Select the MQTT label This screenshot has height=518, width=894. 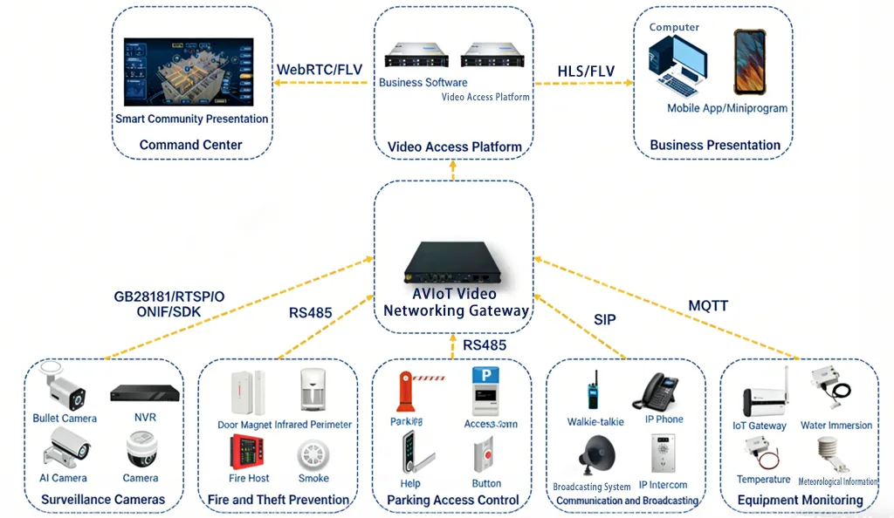(707, 305)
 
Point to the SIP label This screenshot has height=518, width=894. (604, 320)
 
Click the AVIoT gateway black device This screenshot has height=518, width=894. (454, 262)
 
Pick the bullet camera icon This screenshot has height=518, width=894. (65, 389)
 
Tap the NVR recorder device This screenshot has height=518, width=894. (145, 393)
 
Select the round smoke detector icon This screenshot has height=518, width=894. (313, 455)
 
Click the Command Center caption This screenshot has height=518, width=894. (190, 145)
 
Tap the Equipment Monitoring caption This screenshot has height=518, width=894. (800, 500)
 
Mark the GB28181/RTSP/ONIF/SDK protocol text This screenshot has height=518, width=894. (168, 304)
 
